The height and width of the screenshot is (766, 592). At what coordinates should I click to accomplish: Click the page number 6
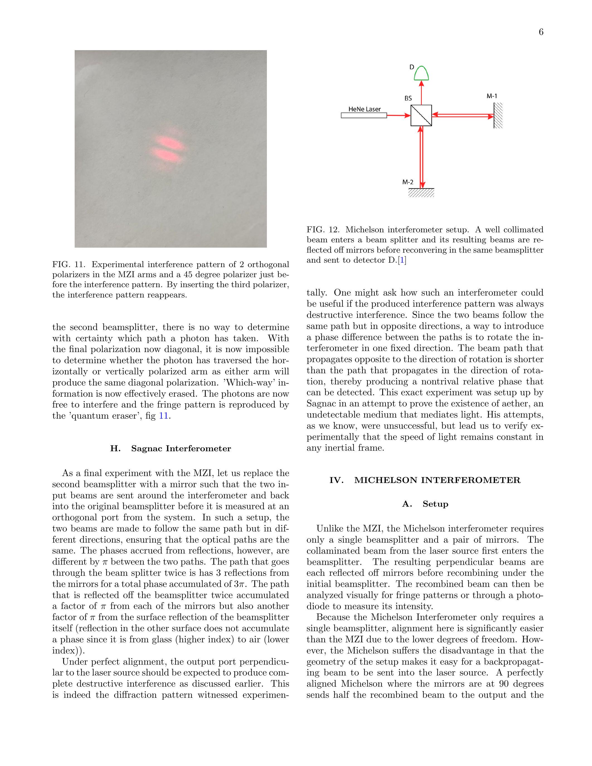pyautogui.click(x=541, y=32)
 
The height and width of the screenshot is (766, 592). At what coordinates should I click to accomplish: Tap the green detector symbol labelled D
pyautogui.click(x=421, y=73)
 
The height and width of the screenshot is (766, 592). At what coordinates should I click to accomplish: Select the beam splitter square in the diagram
pyautogui.click(x=421, y=115)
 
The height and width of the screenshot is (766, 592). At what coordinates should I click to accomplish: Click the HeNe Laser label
pyautogui.click(x=364, y=109)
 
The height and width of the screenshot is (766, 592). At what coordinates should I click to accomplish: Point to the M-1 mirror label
pyautogui.click(x=492, y=96)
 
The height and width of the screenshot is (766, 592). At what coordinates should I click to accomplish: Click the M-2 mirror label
pyautogui.click(x=408, y=182)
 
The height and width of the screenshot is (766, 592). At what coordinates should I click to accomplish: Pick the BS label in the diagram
pyautogui.click(x=408, y=99)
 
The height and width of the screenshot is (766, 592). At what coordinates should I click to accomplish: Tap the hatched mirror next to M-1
pyautogui.click(x=498, y=115)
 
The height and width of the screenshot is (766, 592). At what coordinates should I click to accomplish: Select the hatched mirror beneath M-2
pyautogui.click(x=422, y=192)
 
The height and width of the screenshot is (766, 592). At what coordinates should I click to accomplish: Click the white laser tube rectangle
pyautogui.click(x=364, y=115)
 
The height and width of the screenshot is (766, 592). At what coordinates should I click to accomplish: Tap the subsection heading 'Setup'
pyautogui.click(x=435, y=504)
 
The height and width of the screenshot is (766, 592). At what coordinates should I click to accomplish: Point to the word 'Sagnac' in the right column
pyautogui.click(x=321, y=404)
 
